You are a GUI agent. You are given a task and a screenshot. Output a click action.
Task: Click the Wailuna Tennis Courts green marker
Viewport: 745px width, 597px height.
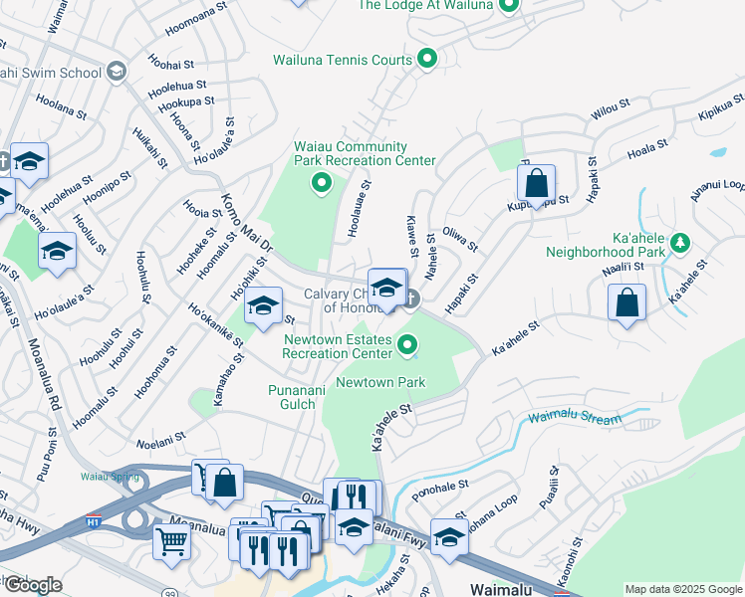427,60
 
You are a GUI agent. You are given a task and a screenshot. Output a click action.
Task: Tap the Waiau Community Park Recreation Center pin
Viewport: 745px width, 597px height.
321,182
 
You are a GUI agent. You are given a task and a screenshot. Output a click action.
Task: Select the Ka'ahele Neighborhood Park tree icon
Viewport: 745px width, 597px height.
680,242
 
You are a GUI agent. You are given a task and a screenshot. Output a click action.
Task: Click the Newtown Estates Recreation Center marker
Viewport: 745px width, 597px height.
406,345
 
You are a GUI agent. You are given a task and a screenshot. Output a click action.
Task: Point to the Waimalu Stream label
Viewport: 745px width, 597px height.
575,419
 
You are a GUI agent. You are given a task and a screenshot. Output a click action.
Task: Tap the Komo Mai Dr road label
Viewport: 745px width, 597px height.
244,225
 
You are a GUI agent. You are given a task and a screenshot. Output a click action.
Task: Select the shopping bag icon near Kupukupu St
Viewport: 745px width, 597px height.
536,183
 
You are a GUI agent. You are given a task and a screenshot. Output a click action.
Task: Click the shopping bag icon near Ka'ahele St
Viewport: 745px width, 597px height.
627,302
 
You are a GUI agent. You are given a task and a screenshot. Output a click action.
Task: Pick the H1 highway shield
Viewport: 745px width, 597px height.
94,520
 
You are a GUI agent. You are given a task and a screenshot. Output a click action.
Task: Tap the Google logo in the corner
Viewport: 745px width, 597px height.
33,585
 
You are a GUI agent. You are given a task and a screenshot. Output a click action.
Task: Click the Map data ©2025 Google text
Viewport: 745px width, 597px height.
683,589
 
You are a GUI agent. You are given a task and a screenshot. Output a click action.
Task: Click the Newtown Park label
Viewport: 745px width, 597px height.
380,382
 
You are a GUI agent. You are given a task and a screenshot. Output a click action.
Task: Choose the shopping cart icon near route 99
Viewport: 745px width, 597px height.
171,542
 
